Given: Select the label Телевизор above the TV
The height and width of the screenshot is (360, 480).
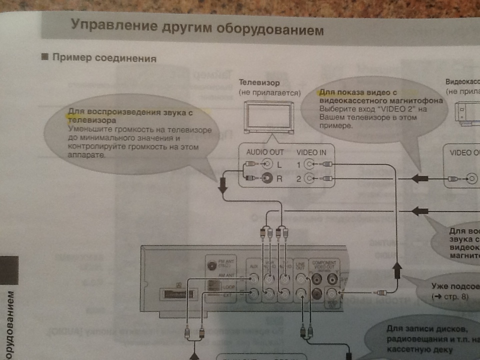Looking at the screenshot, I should click(x=259, y=82).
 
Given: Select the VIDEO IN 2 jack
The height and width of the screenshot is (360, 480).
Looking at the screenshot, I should click(x=310, y=178).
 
